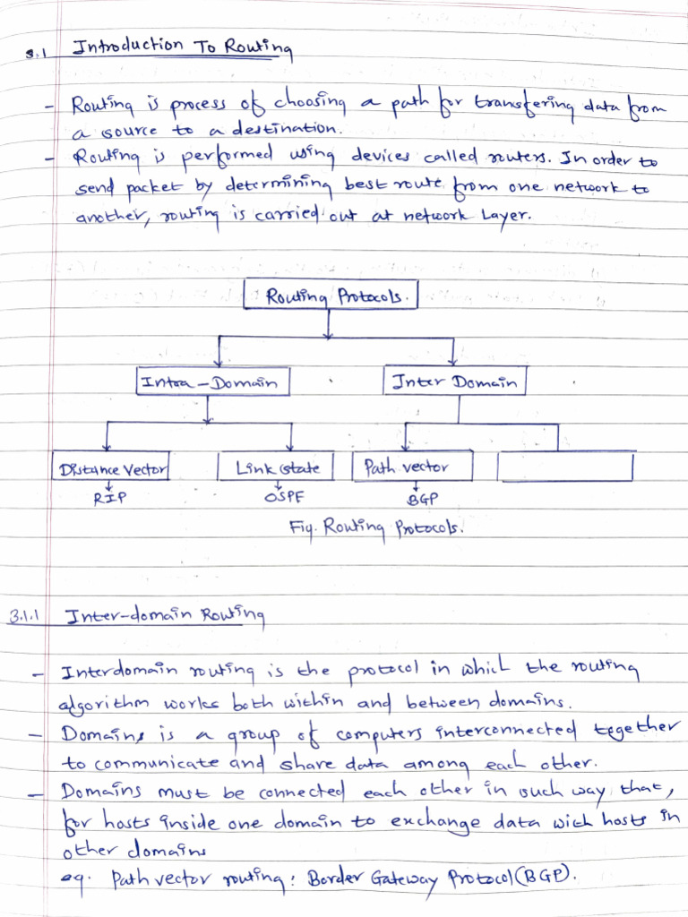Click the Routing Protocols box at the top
pyautogui.click(x=331, y=296)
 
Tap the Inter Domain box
pyautogui.click(x=455, y=382)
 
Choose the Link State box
pyautogui.click(x=275, y=467)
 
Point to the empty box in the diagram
pyautogui.click(x=565, y=467)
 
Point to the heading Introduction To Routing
pyautogui.click(x=182, y=48)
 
